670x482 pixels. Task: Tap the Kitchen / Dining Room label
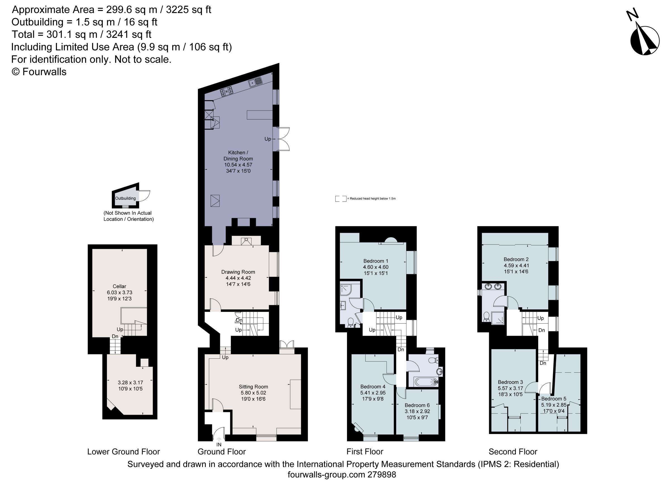tap(238, 156)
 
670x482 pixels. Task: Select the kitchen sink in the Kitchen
tap(255, 82)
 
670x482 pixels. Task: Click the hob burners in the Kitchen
tap(226, 92)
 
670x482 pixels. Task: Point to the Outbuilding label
tap(125, 198)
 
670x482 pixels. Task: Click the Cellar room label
tap(119, 286)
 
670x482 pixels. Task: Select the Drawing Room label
tap(238, 272)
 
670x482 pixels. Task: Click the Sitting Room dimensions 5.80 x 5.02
tap(253, 393)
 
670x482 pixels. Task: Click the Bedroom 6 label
tap(417, 405)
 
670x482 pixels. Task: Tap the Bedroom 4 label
tap(373, 387)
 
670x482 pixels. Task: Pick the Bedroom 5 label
tap(554, 399)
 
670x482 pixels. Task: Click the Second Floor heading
tap(513, 452)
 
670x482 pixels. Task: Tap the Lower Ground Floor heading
tap(123, 452)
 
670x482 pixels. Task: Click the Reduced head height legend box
tap(341, 198)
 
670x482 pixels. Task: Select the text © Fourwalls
tap(39, 72)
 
